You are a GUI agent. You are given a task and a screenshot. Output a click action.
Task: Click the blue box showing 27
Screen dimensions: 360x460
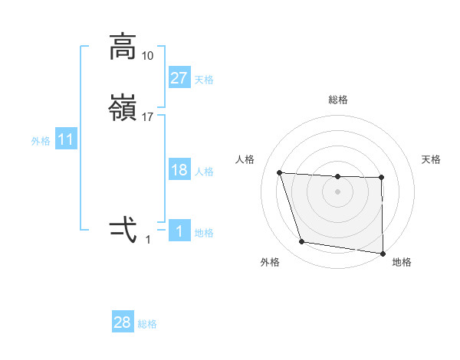(x=179, y=78)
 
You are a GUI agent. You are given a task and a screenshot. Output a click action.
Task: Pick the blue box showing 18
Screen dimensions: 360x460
(x=179, y=170)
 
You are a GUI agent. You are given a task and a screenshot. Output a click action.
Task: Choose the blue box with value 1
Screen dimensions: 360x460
(x=179, y=231)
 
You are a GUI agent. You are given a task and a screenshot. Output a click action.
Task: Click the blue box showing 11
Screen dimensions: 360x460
(x=66, y=139)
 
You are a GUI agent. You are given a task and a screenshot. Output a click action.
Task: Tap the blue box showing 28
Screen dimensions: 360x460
(x=123, y=322)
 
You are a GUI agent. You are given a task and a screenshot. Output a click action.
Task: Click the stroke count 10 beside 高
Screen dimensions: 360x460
(x=148, y=56)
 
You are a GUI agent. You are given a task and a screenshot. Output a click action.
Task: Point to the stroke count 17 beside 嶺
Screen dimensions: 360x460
(x=148, y=117)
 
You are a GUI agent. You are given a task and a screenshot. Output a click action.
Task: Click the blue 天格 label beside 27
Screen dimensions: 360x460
(x=204, y=80)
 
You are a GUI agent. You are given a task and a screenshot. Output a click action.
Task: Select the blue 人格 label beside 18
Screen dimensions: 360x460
(x=204, y=172)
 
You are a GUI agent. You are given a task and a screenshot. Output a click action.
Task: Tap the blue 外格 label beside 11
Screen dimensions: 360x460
(x=41, y=141)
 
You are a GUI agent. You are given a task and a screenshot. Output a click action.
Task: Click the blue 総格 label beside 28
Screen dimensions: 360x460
(x=147, y=324)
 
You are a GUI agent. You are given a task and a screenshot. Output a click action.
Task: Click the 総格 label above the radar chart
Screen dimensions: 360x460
(x=338, y=100)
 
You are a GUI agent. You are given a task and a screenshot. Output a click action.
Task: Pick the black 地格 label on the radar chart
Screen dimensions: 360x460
(x=402, y=263)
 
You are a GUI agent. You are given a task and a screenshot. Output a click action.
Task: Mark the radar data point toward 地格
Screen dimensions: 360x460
(x=383, y=253)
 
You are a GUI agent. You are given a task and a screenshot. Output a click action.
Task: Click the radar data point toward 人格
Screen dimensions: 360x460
(x=280, y=172)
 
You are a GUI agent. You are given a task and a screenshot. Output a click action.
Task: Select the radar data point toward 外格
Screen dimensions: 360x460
(x=302, y=243)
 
